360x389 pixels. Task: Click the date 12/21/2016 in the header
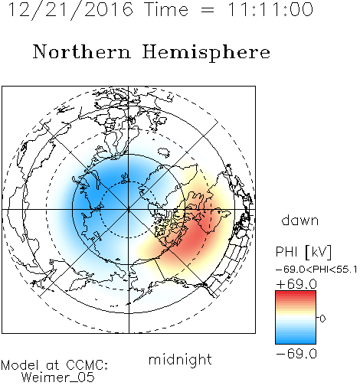[70, 10]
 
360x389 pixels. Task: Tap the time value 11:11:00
[270, 10]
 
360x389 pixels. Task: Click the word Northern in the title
[82, 52]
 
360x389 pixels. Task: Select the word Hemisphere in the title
[206, 53]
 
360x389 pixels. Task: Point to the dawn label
[300, 221]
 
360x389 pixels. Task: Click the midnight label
[180, 360]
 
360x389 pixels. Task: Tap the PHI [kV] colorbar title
[303, 252]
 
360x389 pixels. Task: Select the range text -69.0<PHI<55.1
[316, 270]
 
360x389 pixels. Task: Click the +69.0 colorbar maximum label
[296, 284]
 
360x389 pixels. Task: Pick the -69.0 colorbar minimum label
[296, 354]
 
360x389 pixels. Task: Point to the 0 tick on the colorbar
[322, 319]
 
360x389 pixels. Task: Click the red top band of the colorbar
[296, 294]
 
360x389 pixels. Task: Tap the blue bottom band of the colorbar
[296, 341]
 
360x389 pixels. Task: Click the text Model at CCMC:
[54, 365]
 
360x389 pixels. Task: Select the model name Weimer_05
[58, 378]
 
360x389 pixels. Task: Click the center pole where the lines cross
[129, 210]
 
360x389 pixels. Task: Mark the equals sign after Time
[208, 10]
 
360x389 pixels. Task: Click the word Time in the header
[166, 10]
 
